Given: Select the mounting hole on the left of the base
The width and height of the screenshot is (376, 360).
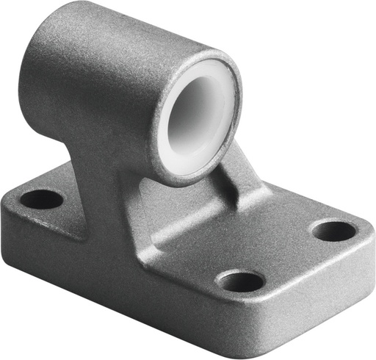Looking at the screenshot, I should (41, 198).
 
